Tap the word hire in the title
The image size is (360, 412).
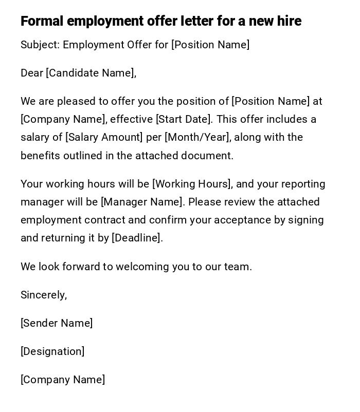click(x=288, y=21)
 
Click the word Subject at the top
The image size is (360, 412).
click(x=40, y=45)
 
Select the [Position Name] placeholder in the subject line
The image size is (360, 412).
click(x=210, y=45)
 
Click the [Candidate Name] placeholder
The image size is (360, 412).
click(x=91, y=73)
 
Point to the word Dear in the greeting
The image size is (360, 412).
click(x=32, y=73)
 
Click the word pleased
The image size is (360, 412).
click(x=77, y=102)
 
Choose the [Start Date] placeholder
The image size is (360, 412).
click(x=184, y=120)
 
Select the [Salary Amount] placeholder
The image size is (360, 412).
click(x=104, y=138)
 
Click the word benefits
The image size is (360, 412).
click(x=41, y=156)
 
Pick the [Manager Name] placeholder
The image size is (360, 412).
click(x=142, y=202)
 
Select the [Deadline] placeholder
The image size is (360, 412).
click(x=136, y=238)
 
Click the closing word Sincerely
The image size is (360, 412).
click(x=43, y=295)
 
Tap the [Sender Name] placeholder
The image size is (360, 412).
click(x=57, y=323)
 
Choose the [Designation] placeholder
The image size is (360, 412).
click(x=52, y=351)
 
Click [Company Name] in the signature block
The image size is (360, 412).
click(x=63, y=380)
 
